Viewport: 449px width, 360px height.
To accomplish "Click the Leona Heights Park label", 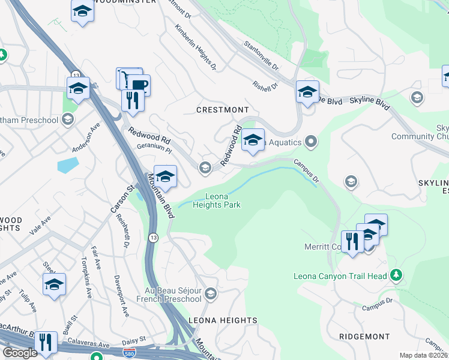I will click(x=216, y=200).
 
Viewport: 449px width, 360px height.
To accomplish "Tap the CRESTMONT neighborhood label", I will click(x=223, y=110).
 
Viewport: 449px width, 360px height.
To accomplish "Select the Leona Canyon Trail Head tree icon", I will click(x=396, y=275).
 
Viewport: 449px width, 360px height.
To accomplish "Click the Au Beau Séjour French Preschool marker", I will click(x=210, y=293).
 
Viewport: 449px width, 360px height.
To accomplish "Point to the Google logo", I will click(x=20, y=353).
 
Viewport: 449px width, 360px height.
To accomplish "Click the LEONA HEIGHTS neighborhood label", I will click(x=223, y=320).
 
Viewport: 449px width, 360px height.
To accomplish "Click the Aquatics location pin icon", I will click(x=311, y=142).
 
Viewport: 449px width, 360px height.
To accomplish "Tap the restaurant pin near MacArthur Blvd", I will click(x=45, y=343).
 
